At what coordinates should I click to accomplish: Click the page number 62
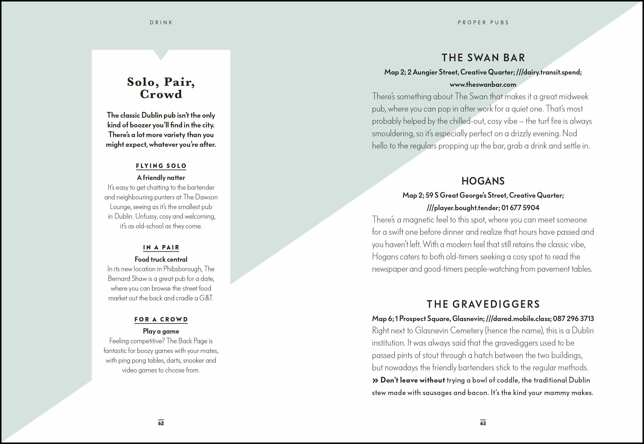161,423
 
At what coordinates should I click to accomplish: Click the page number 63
483,423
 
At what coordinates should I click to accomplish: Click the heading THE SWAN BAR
483,58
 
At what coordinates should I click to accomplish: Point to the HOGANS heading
483,181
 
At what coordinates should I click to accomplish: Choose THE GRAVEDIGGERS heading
483,304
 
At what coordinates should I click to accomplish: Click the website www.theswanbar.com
483,84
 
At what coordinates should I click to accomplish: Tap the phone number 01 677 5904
520,208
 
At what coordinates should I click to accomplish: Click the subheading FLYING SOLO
161,166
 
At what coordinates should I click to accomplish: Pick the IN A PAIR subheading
161,247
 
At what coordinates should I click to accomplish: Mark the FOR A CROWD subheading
161,319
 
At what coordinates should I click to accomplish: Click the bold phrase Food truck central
161,259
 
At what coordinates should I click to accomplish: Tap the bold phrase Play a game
161,331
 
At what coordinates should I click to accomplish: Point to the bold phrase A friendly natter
161,177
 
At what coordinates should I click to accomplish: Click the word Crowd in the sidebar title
161,94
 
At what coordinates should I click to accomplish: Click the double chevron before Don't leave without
375,380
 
